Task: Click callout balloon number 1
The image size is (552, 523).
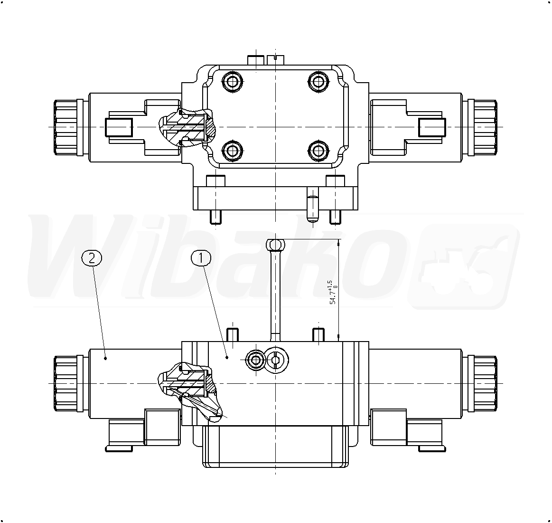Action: point(201,258)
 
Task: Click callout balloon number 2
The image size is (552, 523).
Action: point(92,258)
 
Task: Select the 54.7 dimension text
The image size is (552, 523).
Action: point(333,292)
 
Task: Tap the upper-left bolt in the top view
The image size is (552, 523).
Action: point(231,83)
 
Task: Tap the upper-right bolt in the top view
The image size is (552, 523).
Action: point(318,83)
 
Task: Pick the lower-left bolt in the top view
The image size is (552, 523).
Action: point(231,151)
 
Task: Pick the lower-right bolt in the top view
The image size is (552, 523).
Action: point(318,151)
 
